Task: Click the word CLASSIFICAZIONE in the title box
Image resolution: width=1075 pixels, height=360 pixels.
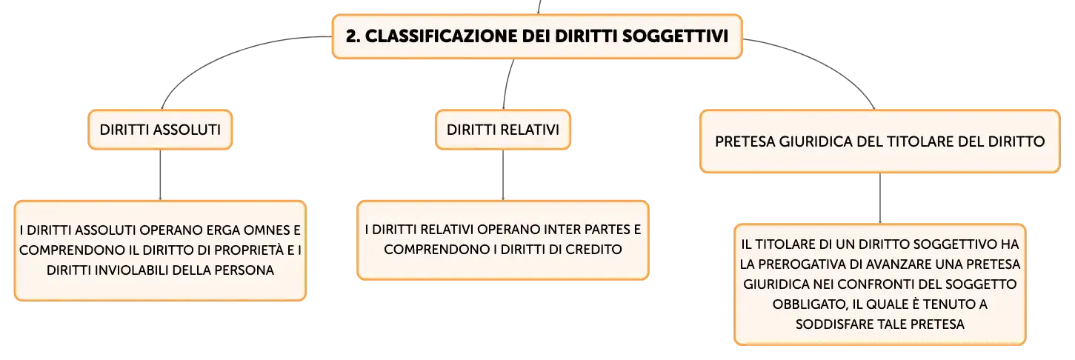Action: click(x=442, y=36)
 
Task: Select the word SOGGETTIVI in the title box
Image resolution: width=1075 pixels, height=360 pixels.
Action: click(x=675, y=36)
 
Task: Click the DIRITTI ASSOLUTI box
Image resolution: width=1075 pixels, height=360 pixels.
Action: click(x=160, y=130)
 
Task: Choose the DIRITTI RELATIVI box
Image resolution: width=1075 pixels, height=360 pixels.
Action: click(x=503, y=130)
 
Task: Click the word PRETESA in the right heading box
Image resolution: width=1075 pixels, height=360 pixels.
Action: click(x=745, y=141)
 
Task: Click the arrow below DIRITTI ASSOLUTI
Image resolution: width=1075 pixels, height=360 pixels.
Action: click(x=160, y=175)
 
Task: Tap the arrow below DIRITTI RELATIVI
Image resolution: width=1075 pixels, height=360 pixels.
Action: click(x=503, y=175)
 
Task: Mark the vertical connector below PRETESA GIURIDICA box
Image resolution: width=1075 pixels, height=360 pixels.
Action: click(x=880, y=199)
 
